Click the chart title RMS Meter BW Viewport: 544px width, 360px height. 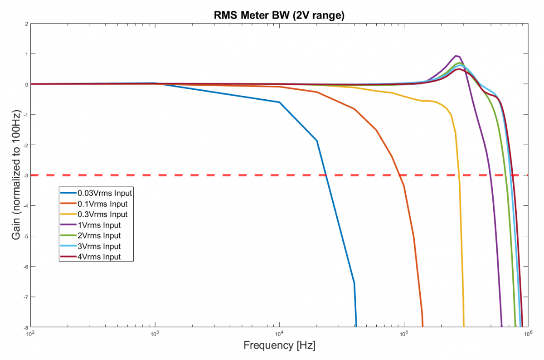click(279, 15)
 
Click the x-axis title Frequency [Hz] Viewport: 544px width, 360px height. click(279, 345)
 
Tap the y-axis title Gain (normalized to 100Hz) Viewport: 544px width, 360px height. click(16, 175)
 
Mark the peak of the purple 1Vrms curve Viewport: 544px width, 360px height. click(457, 56)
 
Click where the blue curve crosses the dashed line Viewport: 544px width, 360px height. click(325, 175)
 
